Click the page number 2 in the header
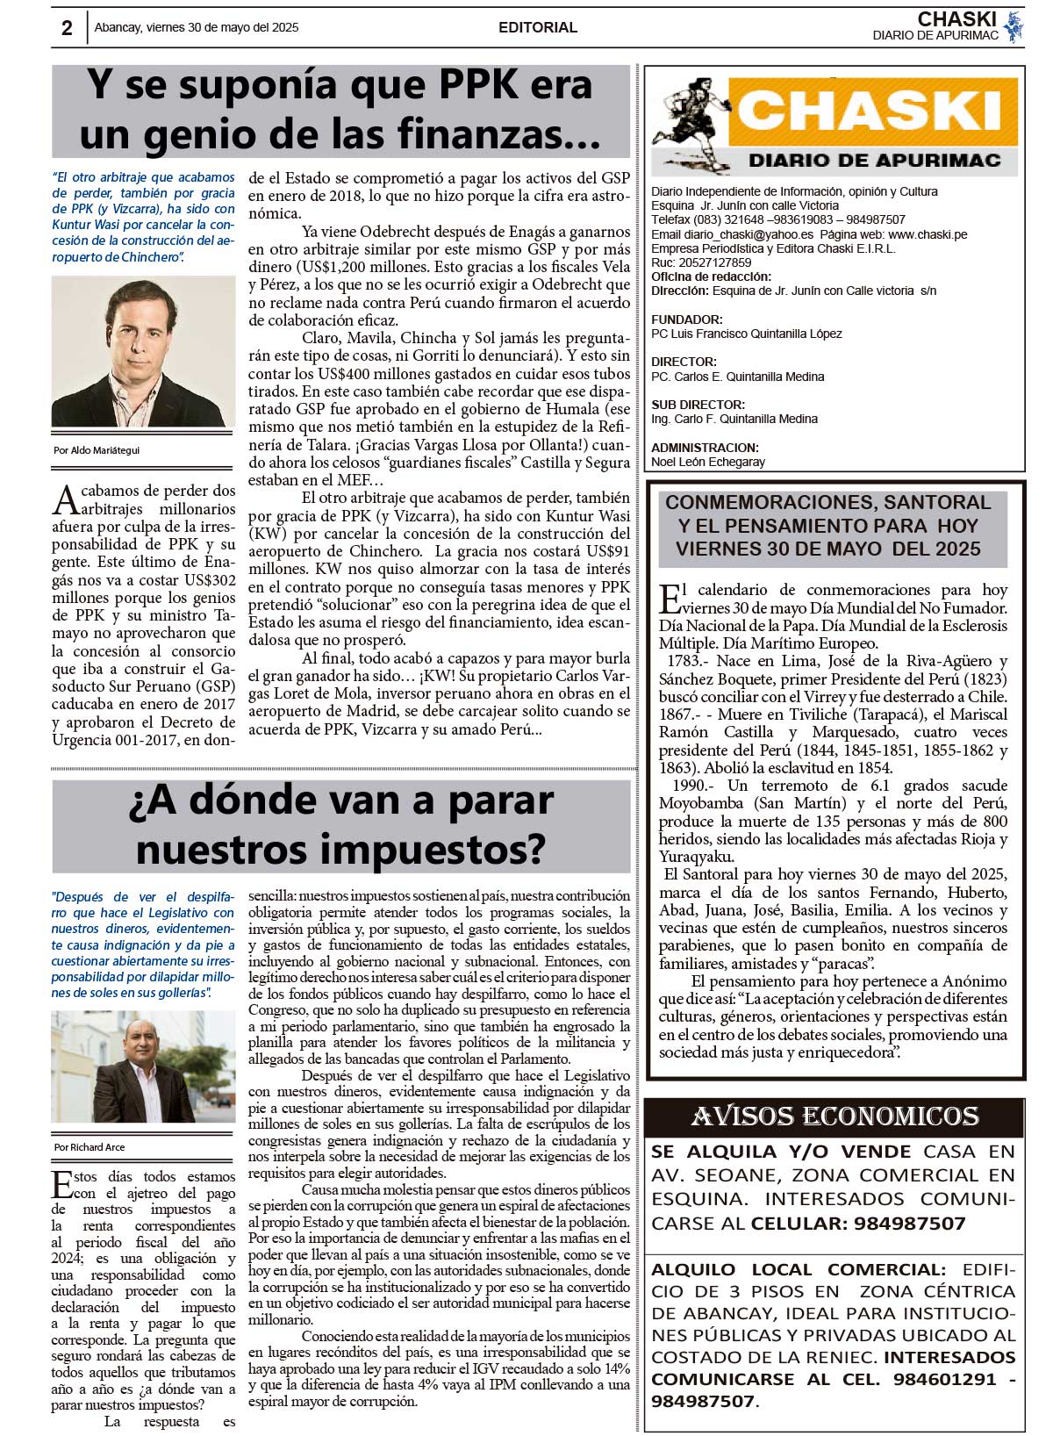tap(67, 27)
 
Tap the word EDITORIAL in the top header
tap(537, 27)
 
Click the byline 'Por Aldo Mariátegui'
tap(97, 450)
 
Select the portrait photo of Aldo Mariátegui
tap(143, 352)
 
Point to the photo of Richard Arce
tap(143, 1066)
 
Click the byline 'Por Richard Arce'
tap(90, 1147)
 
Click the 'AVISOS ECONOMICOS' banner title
tap(834, 1116)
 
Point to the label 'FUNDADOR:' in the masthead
tap(687, 320)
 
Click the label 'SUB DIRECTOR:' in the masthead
tap(698, 405)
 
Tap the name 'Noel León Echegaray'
tap(708, 462)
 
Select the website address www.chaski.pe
tap(928, 234)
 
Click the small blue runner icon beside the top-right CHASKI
tap(1014, 26)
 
